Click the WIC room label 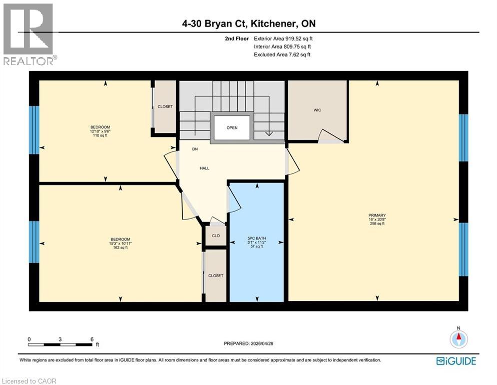pos(317,110)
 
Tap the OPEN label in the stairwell pos(232,128)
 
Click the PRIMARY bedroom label pos(376,215)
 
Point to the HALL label pos(204,168)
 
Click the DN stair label pos(195,149)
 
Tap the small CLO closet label pos(216,236)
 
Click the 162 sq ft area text pos(121,248)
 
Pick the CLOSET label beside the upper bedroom pos(165,107)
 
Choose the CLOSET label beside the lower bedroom pos(216,276)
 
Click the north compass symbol pos(458,339)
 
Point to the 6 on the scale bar pos(92,339)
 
